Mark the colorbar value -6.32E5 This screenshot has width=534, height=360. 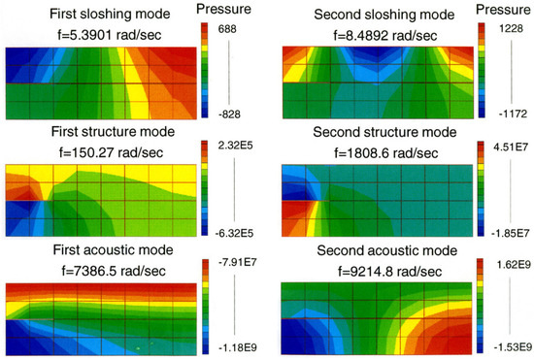236,231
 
